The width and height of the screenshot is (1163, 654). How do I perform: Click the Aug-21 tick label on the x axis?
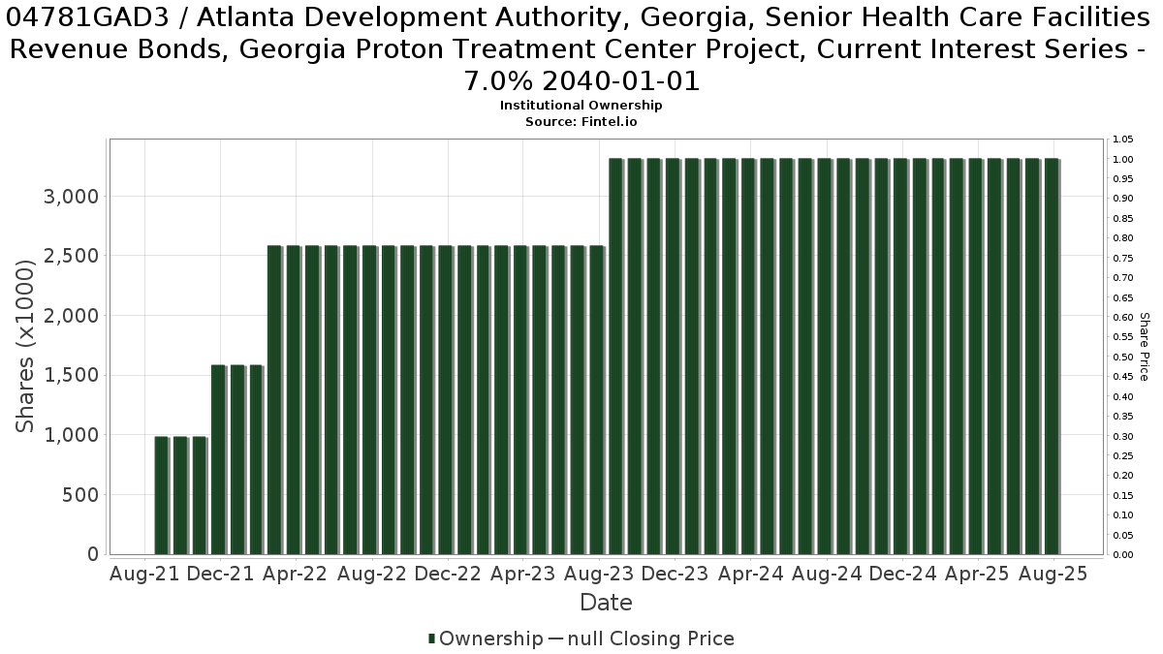144,574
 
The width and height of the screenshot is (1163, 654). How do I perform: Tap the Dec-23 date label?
675,574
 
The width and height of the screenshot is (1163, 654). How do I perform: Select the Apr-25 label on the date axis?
977,574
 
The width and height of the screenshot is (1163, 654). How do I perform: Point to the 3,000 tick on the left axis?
71,197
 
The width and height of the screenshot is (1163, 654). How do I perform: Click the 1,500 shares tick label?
71,375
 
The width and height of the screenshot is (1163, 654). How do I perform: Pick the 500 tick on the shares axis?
80,495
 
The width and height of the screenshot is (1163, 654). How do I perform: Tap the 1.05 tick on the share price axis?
1122,140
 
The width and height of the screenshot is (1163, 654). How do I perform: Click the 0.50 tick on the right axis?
1122,358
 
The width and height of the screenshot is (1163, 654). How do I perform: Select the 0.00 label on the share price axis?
1122,555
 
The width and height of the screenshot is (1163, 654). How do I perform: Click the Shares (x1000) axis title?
24,346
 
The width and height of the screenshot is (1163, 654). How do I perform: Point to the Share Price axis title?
1145,347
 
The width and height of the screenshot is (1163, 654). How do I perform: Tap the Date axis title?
606,603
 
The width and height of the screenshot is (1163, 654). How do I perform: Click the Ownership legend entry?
486,638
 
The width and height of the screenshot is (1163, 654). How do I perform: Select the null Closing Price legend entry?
642,638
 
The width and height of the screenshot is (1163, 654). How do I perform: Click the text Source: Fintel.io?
581,122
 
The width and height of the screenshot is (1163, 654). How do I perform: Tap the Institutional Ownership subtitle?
581,106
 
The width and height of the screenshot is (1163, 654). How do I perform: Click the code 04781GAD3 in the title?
87,18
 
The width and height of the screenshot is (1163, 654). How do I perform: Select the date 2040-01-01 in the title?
621,81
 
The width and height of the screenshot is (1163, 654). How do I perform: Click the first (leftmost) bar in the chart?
162,496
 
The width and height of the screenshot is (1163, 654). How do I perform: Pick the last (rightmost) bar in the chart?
1053,357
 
